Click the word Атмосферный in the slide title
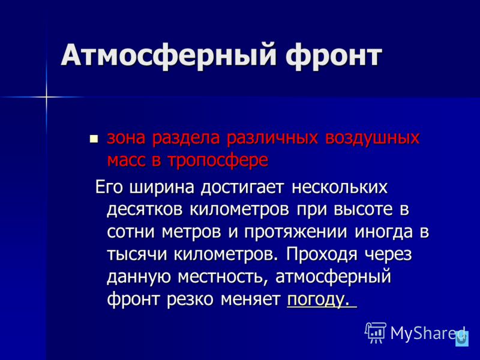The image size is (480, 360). point(169,55)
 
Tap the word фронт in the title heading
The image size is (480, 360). point(334,56)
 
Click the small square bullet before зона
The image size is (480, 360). point(94,139)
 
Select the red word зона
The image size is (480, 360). point(126,138)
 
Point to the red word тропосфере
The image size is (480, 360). point(218,160)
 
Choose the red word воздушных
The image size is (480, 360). point(372,138)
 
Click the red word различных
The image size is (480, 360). point(272,138)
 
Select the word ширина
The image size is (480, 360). point(162,187)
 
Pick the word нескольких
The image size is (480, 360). point(340,187)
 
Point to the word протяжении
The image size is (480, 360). point(296,232)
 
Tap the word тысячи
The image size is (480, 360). point(137,254)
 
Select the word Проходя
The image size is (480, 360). point(322,254)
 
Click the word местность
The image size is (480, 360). point(223,277)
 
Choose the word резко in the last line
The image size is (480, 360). point(190,299)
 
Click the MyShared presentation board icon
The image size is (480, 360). point(376,333)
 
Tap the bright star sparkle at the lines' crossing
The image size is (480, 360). point(46,97)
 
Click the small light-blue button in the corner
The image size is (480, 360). point(462,339)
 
